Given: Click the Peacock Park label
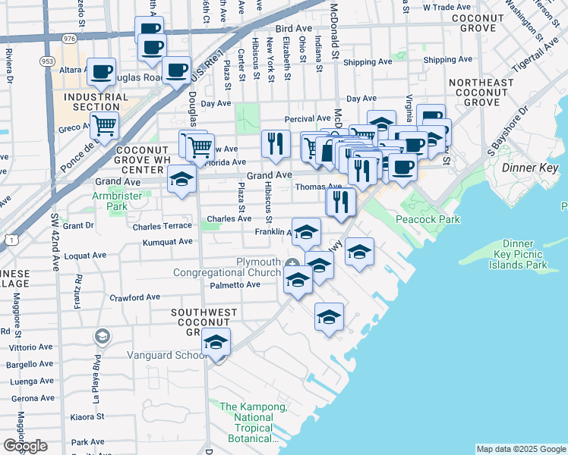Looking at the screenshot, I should tap(428, 219).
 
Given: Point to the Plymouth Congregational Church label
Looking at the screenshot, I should tap(227, 267).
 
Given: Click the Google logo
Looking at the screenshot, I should tap(25, 446).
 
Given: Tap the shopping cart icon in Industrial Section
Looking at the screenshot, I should tap(105, 124).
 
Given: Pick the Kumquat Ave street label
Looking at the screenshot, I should tap(168, 242).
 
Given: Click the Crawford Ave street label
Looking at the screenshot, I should tap(134, 297).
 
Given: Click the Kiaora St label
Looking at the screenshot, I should tap(87, 416).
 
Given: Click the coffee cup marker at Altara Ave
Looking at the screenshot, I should tap(101, 71).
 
